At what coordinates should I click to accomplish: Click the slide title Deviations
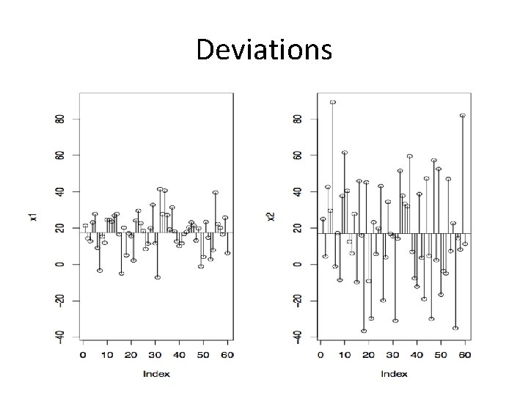pyautogui.click(x=264, y=50)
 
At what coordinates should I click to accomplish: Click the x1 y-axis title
pyautogui.click(x=33, y=217)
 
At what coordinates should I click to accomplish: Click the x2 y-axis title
pyautogui.click(x=271, y=217)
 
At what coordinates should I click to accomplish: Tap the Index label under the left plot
pyautogui.click(x=155, y=373)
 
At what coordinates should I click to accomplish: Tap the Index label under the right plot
pyautogui.click(x=393, y=373)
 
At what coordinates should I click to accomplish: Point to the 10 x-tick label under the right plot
pyautogui.click(x=345, y=356)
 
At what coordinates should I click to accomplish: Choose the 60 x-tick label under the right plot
pyautogui.click(x=464, y=356)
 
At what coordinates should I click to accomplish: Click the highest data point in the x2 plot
pyautogui.click(x=333, y=103)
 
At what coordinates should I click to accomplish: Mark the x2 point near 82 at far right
pyautogui.click(x=463, y=116)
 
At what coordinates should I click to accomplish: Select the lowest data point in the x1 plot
pyautogui.click(x=158, y=277)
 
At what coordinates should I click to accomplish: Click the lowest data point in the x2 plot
pyautogui.click(x=364, y=331)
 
